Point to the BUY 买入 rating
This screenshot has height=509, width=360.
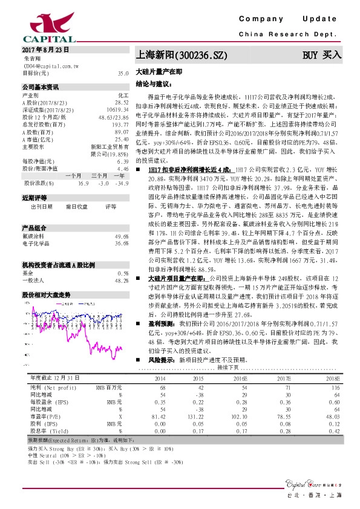pyautogui.click(x=322, y=55)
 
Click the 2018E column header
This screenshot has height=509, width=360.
pyautogui.click(x=333, y=377)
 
